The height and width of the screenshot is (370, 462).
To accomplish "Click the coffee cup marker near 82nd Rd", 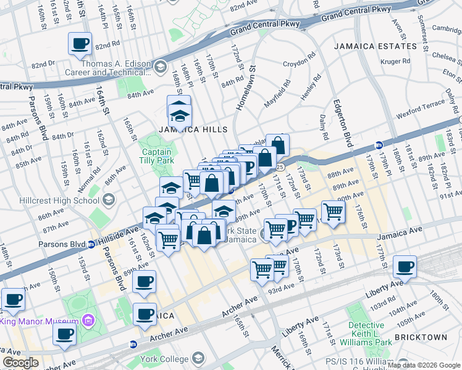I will coord(80,44).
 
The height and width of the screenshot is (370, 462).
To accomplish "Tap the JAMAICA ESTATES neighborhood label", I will coord(375,46).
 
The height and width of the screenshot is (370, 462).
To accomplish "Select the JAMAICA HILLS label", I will coord(193,129).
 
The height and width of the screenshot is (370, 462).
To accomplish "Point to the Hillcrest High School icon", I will coord(109,199).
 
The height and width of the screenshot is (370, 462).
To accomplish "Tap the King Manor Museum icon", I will coord(88,321).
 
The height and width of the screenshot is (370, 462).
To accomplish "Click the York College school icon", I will coord(198,358).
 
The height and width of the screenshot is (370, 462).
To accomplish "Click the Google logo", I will coord(20,363).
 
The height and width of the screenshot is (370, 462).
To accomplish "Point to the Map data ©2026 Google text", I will coord(423,365).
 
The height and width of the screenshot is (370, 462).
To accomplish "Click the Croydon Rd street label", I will coord(299,64).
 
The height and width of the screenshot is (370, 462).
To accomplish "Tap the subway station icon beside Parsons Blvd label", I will coord(92,244).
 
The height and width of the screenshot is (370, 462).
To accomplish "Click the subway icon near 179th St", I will coord(379,146).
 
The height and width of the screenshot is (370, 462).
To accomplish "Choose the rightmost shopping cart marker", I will coord(332,212).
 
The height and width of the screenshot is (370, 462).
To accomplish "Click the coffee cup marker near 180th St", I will coord(405,267).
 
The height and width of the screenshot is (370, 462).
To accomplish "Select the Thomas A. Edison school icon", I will coord(159,66).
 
